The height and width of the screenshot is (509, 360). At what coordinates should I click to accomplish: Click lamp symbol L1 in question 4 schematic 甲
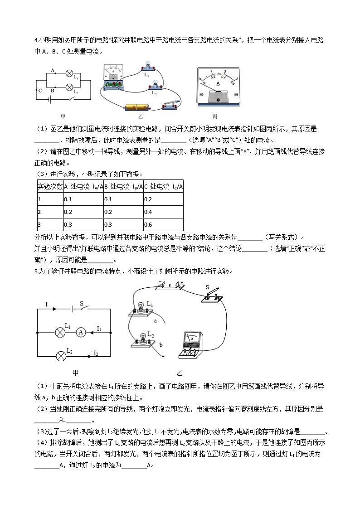(x=69, y=73)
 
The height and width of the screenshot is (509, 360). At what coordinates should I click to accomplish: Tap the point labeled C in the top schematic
(x=40, y=90)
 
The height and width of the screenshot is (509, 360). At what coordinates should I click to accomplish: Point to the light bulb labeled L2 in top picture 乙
(x=156, y=85)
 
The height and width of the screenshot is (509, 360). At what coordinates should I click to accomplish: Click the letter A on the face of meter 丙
(x=218, y=84)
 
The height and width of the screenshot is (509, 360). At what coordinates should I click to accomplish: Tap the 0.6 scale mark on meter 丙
(x=233, y=82)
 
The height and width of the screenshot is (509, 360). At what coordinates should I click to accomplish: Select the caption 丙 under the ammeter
(x=221, y=116)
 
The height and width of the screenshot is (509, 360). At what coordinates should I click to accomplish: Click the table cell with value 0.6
(x=163, y=224)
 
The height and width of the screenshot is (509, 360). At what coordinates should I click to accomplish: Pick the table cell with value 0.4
(x=163, y=212)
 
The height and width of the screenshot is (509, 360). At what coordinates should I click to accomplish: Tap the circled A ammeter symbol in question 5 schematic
(x=81, y=332)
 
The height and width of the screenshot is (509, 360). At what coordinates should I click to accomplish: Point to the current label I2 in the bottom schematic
(x=97, y=352)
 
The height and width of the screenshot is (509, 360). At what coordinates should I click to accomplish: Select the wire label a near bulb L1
(x=155, y=320)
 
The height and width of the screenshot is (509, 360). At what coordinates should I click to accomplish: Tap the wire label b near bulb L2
(x=161, y=344)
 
